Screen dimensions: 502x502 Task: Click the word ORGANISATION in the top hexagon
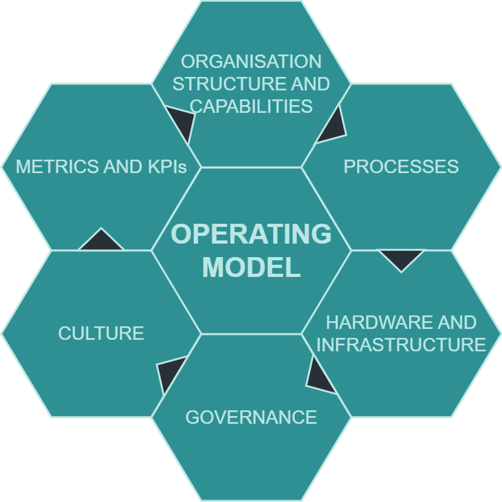[251, 62]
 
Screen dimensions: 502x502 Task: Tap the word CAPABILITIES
[251, 106]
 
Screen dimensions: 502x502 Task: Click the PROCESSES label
[401, 167]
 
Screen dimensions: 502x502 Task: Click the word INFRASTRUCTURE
[401, 344]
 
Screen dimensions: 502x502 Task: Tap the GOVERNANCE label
[251, 417]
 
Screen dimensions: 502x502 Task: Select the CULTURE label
[101, 333]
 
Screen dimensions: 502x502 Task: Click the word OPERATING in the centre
[251, 235]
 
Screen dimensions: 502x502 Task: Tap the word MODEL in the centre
[251, 267]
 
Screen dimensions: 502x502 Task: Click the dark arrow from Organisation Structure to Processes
[333, 127]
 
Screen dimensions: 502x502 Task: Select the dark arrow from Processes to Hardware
[401, 258]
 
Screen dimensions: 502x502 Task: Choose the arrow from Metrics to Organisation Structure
[181, 122]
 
